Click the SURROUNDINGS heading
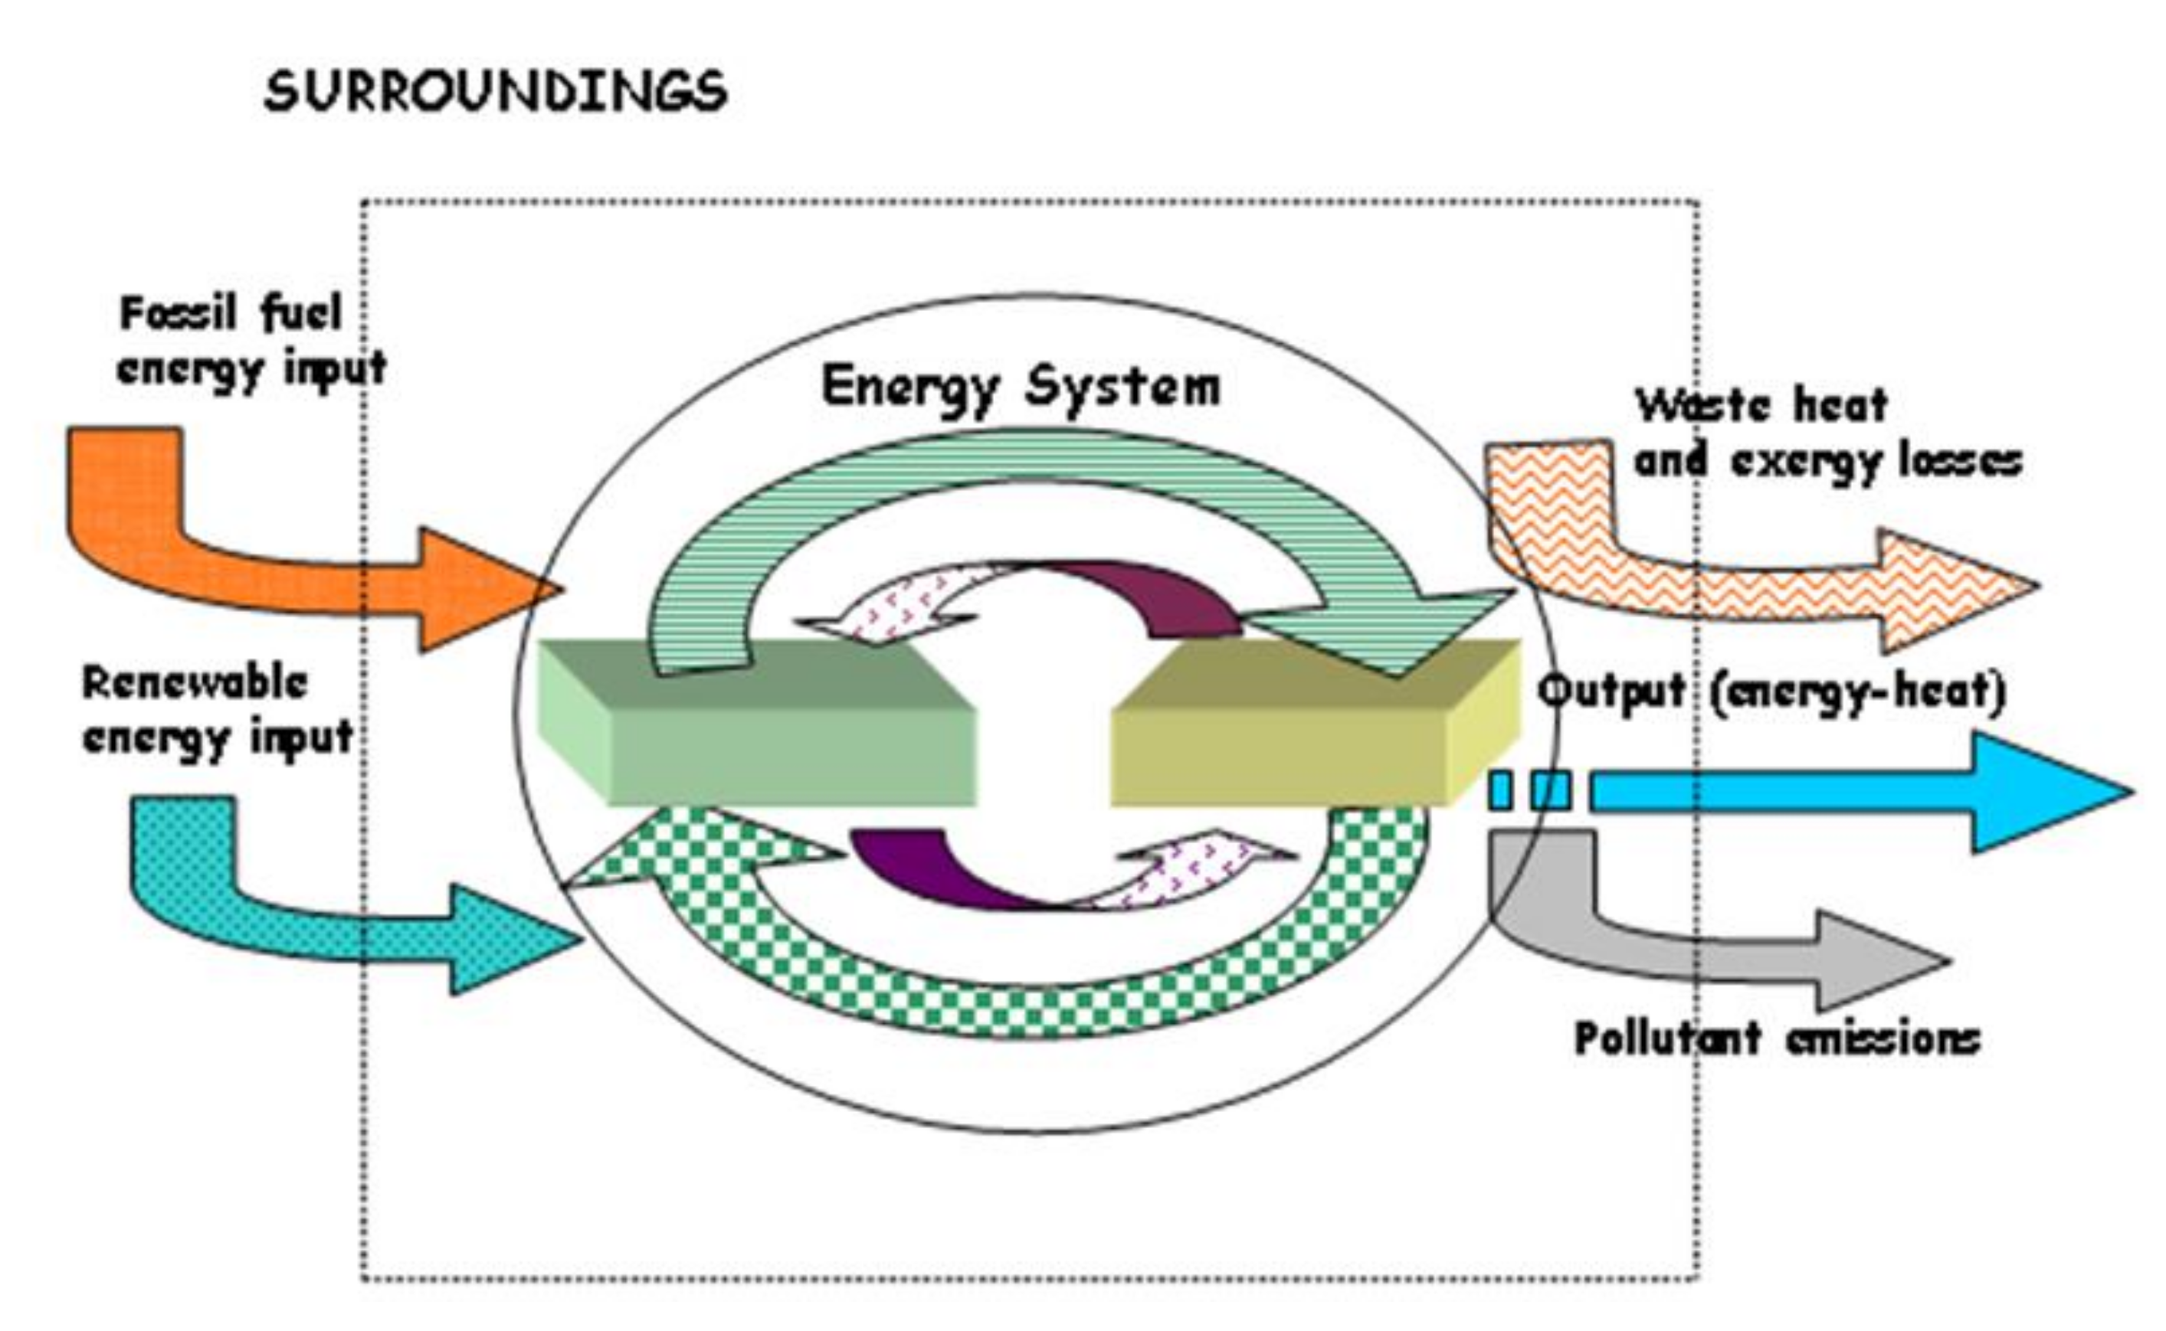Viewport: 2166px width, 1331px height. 496,92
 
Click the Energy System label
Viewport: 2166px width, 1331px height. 1021,388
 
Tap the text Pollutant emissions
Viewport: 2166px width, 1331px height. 1777,1038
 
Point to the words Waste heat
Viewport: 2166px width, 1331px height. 1761,406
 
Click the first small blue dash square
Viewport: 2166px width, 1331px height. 1500,790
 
